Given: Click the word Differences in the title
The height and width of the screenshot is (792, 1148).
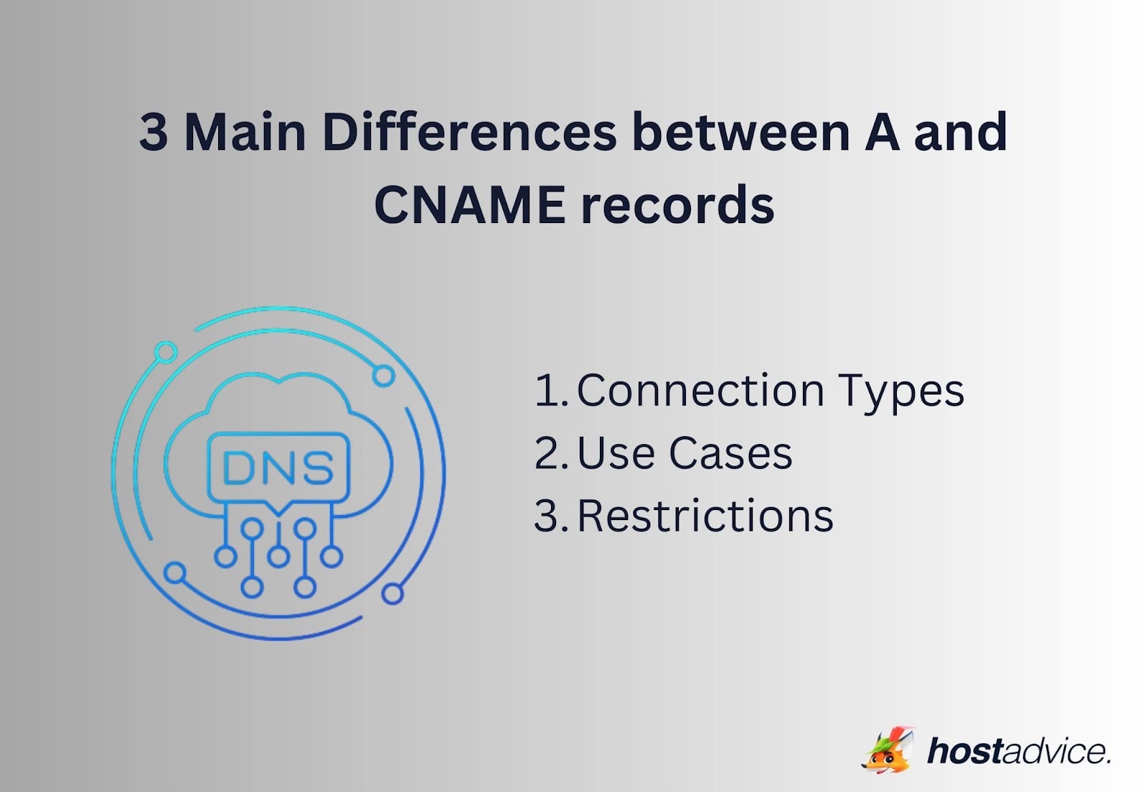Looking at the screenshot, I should tap(469, 133).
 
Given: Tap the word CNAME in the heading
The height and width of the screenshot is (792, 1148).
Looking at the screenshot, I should tap(469, 205).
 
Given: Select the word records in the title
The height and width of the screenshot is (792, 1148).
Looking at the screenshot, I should tap(677, 205).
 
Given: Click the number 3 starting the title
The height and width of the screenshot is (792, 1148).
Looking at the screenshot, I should tap(154, 133).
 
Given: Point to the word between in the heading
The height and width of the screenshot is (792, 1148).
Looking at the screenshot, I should tap(740, 133).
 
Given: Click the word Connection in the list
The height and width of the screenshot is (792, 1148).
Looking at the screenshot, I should tap(700, 391).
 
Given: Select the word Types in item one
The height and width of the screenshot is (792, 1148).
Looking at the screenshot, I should tap(901, 392).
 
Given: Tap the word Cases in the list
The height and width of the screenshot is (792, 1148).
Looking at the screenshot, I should tap(730, 453).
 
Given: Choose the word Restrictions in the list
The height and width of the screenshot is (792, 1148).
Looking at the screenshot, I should tap(705, 516).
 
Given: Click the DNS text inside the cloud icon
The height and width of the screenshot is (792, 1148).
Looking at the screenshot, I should tap(278, 468).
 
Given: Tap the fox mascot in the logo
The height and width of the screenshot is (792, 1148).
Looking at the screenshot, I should tap(888, 750).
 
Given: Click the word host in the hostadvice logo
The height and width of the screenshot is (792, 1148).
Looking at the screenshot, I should tap(964, 751).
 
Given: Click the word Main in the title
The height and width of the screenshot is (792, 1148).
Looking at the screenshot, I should tap(245, 133).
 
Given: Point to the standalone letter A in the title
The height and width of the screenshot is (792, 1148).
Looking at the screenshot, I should tap(882, 133).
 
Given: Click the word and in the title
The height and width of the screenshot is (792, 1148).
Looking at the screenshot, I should tap(961, 133).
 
